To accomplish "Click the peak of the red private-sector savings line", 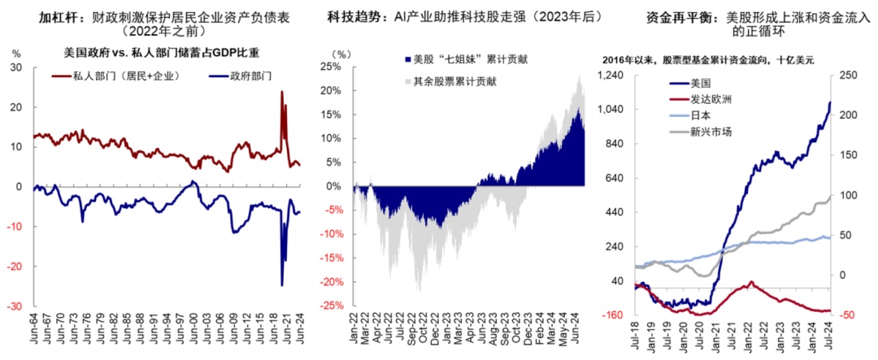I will coord(282,91).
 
